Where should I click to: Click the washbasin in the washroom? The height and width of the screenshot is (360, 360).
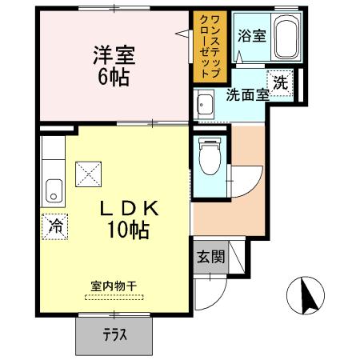(204, 103)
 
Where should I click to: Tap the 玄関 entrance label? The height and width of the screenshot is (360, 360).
(210, 258)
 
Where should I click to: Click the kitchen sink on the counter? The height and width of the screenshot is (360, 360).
(54, 190)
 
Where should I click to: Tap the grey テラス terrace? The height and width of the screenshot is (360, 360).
(115, 335)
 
